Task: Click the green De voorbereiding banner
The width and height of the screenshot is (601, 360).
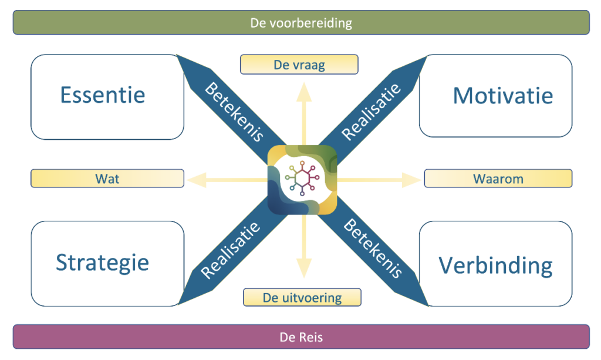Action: [300, 22]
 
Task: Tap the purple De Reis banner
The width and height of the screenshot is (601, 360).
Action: [300, 337]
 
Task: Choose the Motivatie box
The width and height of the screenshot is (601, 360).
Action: [496, 96]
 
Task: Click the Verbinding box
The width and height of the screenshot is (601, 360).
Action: [496, 264]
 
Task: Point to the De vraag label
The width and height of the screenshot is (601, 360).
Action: [299, 65]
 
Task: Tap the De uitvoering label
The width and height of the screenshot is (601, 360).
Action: [302, 297]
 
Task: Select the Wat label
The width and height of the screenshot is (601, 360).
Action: [107, 178]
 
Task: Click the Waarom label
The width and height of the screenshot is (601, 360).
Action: [498, 179]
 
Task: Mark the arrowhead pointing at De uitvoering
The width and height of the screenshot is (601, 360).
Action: [302, 270]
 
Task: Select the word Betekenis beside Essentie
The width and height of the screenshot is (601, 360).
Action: [233, 112]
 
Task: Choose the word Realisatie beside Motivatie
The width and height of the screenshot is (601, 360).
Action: [372, 112]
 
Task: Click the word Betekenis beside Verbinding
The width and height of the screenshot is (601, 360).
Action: [373, 248]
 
